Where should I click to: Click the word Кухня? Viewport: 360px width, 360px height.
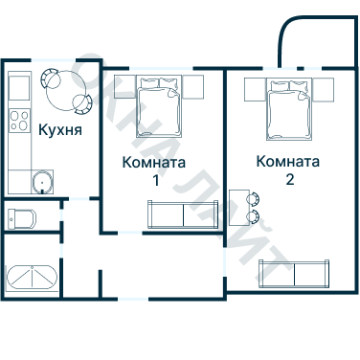pos(58,131)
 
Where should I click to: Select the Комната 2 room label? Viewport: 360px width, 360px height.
pos(288,168)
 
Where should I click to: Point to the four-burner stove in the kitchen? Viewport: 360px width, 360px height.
pos(19,120)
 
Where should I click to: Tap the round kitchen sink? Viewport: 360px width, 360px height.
pos(41,182)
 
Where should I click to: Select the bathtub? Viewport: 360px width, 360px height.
pos(34,278)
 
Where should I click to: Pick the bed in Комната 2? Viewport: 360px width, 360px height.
pos(289,107)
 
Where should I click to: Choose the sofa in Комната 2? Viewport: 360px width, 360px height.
pos(295,273)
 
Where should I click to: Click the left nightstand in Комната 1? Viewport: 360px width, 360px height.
pos(120,88)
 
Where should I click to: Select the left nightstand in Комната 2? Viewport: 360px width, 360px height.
pos(254,89)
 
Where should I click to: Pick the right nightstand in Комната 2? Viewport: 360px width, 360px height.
pos(326,89)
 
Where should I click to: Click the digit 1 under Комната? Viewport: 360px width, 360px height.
pos(154,180)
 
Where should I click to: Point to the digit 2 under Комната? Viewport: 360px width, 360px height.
pos(288,178)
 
